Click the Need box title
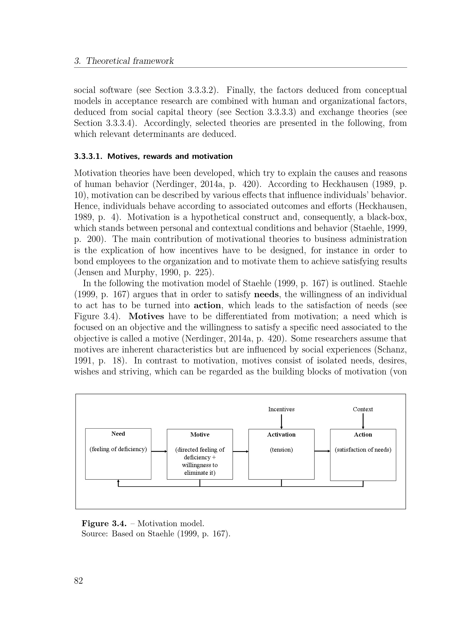pos(118,434)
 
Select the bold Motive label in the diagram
pos(200,435)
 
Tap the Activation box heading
pos(281,435)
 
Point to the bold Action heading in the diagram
pos(363,435)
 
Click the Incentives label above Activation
pos(281,409)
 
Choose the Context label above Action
pos(363,409)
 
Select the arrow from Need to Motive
pos(159,451)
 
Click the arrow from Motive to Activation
pos(241,451)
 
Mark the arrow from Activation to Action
pos(322,451)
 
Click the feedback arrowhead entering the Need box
pos(118,481)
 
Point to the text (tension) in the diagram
pos(281,450)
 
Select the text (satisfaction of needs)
pos(363,450)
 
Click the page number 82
pos(78,581)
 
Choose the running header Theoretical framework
pos(130,61)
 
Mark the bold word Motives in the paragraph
pos(146,316)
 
